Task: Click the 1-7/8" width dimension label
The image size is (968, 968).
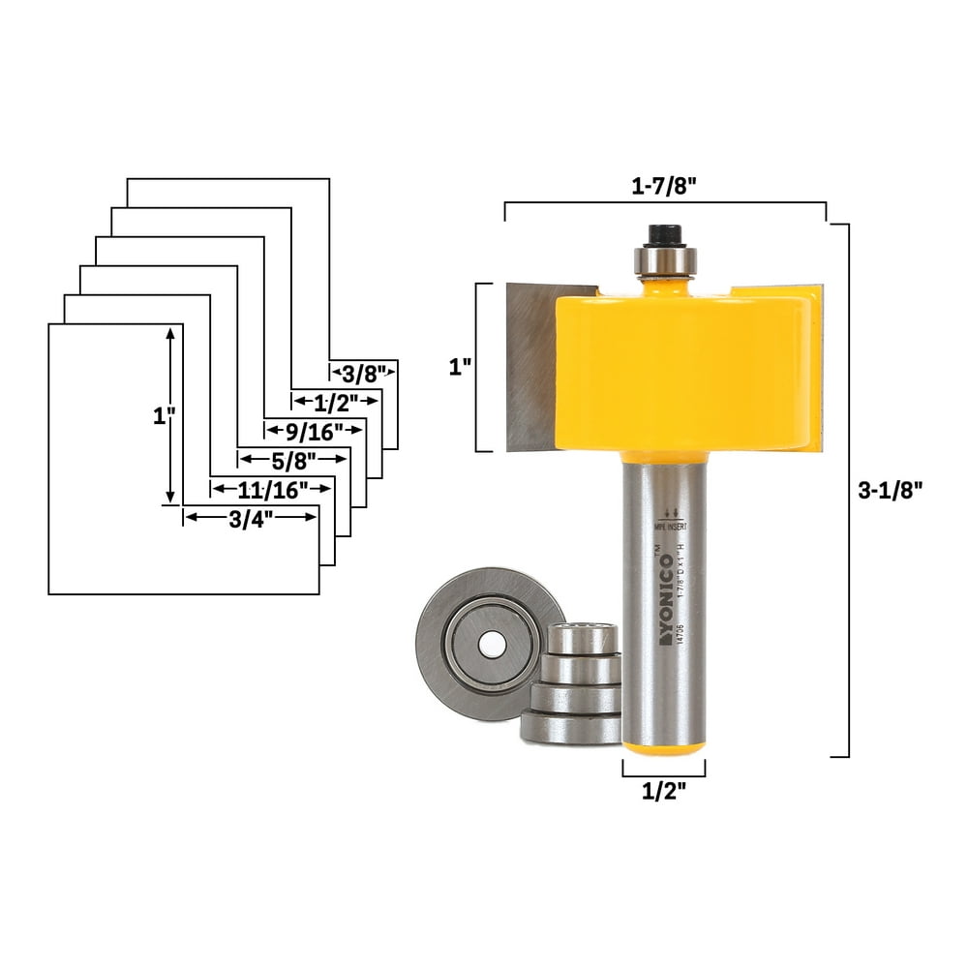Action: (664, 189)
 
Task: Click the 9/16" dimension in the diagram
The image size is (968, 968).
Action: (307, 428)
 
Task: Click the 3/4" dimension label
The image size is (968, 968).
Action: (250, 518)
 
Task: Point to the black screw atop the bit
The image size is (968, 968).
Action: (663, 235)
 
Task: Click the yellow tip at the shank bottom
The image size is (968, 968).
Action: (662, 746)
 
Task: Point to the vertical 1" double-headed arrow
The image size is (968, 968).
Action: (171, 413)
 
